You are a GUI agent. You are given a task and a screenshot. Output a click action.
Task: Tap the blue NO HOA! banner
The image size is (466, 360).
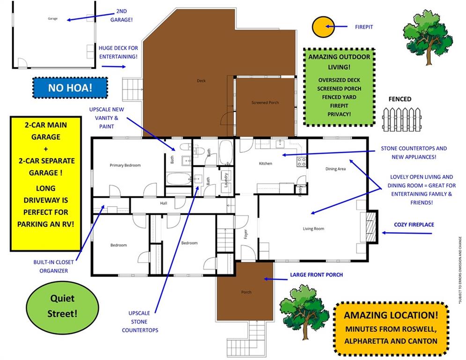[x=70, y=88]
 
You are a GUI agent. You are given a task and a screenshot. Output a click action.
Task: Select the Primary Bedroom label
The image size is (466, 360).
[x=125, y=165]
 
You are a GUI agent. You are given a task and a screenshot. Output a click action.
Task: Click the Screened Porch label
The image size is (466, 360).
[x=265, y=103]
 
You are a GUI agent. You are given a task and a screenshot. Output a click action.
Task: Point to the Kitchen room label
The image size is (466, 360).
[x=266, y=164]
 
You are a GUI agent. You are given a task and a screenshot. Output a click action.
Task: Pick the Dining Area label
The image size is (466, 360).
[x=335, y=169]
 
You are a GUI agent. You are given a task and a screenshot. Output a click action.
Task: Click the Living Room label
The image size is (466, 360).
[x=313, y=229]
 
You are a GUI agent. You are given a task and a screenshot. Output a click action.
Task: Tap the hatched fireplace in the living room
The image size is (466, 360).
[x=371, y=226]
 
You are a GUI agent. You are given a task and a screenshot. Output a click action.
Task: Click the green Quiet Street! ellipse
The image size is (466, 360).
[x=62, y=306]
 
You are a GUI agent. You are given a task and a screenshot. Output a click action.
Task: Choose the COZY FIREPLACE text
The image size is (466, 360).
[x=414, y=225]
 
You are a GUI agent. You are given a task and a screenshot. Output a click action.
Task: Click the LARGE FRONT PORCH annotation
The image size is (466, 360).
[x=316, y=275]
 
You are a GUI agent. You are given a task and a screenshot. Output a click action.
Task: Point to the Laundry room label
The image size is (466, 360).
[x=226, y=180]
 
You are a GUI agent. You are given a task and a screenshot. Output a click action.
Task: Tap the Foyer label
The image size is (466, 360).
[x=245, y=233]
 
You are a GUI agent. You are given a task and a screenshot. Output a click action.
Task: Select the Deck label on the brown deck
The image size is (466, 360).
[x=201, y=81]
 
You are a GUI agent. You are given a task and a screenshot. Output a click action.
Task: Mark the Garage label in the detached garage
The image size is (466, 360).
[x=52, y=19]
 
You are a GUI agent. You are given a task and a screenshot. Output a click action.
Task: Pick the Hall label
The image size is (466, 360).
[x=163, y=203]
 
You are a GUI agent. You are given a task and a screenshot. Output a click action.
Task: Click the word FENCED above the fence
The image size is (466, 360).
[x=400, y=99]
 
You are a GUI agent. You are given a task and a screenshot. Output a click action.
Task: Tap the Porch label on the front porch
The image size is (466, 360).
[x=246, y=292]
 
